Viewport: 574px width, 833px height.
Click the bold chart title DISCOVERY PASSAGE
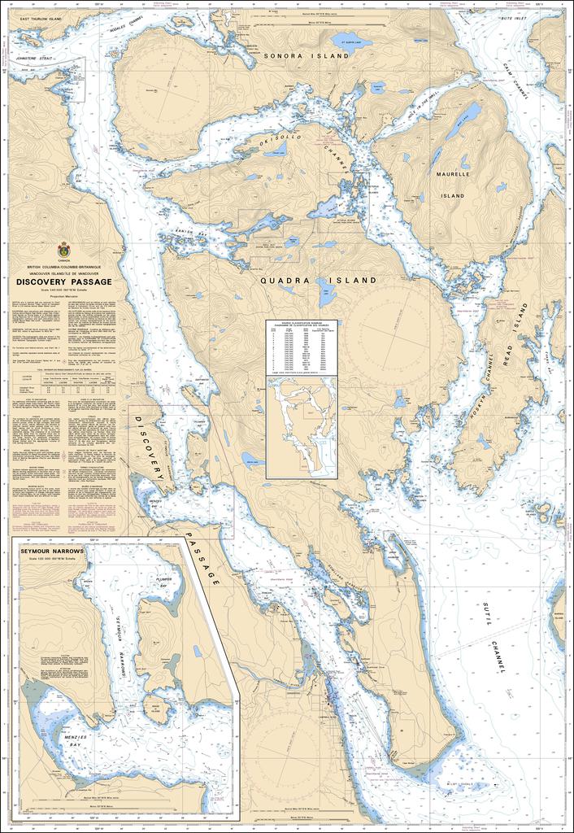pos(63,282)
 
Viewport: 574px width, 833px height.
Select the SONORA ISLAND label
pos(306,56)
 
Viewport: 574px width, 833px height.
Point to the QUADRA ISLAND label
pos(318,280)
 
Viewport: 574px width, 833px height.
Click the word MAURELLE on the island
pos(452,174)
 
